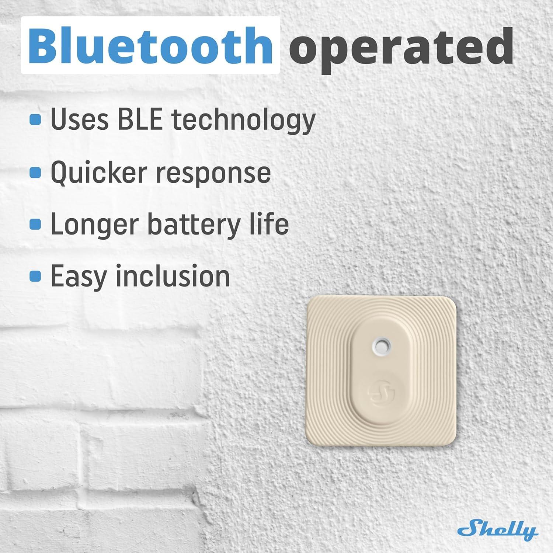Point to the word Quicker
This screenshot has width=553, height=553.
click(x=100, y=173)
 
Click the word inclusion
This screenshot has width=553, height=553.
click(x=173, y=276)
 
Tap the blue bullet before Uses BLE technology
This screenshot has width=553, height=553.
click(x=35, y=119)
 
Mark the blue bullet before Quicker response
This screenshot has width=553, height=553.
click(x=35, y=172)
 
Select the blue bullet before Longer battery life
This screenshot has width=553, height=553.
click(x=35, y=224)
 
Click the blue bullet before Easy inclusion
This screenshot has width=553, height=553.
click(x=35, y=276)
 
